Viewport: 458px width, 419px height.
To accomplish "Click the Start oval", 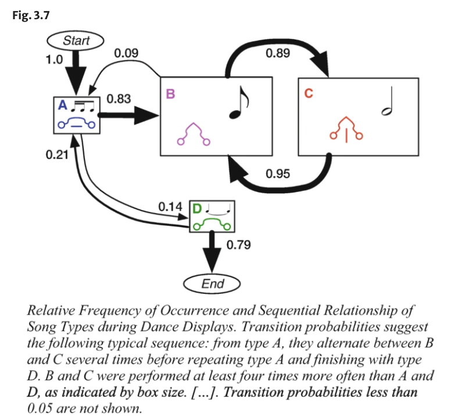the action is [x=76, y=41].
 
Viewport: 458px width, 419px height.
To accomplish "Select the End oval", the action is [x=212, y=283].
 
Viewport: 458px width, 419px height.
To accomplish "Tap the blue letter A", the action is [x=63, y=105].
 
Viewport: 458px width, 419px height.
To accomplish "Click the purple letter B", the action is [x=170, y=94].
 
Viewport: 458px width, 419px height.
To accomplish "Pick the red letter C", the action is [x=309, y=93].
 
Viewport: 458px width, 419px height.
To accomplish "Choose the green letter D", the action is [x=197, y=209].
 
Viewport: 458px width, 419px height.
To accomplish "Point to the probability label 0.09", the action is [x=126, y=53].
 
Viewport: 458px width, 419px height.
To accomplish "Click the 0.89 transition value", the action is [x=278, y=53].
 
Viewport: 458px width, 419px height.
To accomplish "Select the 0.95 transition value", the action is [x=278, y=174].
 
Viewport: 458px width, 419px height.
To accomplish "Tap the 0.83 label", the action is [x=119, y=99].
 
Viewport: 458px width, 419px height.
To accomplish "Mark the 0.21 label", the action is [x=57, y=155].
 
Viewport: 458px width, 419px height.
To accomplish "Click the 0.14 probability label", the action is [x=170, y=207].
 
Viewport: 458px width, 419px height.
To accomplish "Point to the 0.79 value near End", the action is [x=239, y=245].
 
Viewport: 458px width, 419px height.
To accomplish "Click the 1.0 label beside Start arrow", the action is [x=54, y=59].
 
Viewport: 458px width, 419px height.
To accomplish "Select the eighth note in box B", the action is [x=239, y=102].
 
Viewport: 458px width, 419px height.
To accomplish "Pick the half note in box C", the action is [x=388, y=101].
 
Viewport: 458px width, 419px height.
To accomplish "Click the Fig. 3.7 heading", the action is [x=31, y=15].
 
